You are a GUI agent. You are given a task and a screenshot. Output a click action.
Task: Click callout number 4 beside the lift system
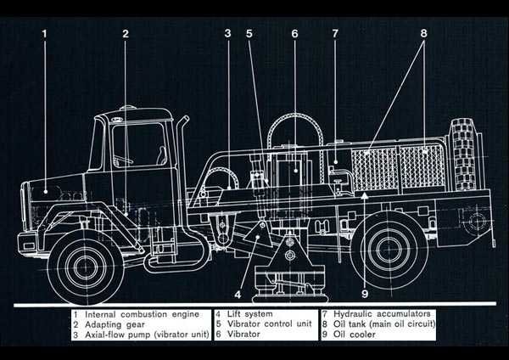tap(238, 296)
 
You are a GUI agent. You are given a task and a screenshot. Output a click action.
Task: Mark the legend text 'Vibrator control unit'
tap(271, 324)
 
